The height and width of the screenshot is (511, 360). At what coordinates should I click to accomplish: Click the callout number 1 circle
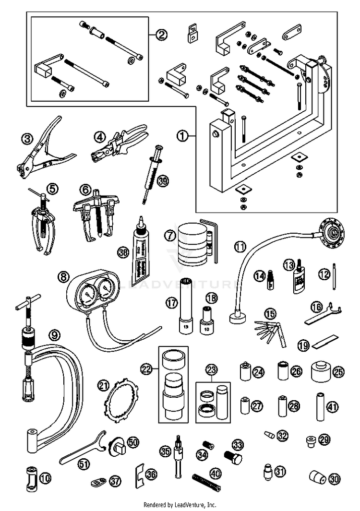(x=182, y=136)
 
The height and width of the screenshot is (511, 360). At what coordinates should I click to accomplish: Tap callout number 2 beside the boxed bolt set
(x=162, y=34)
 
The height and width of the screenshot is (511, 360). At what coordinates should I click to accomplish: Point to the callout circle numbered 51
(x=84, y=463)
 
